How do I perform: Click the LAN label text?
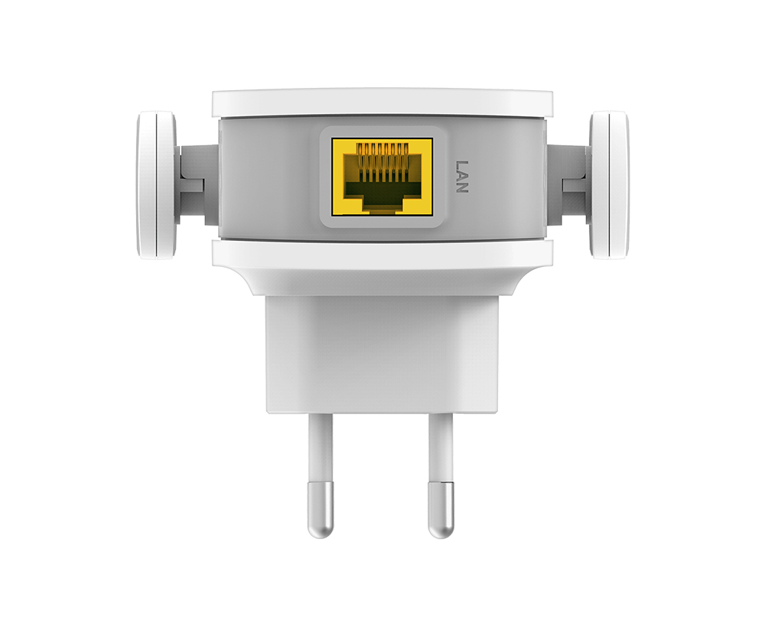pyautogui.click(x=461, y=177)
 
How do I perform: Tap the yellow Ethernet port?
pyautogui.click(x=382, y=177)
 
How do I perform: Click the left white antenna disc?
pyautogui.click(x=156, y=185)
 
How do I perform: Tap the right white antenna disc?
pyautogui.click(x=609, y=185)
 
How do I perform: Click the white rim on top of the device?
pyautogui.click(x=382, y=102)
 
